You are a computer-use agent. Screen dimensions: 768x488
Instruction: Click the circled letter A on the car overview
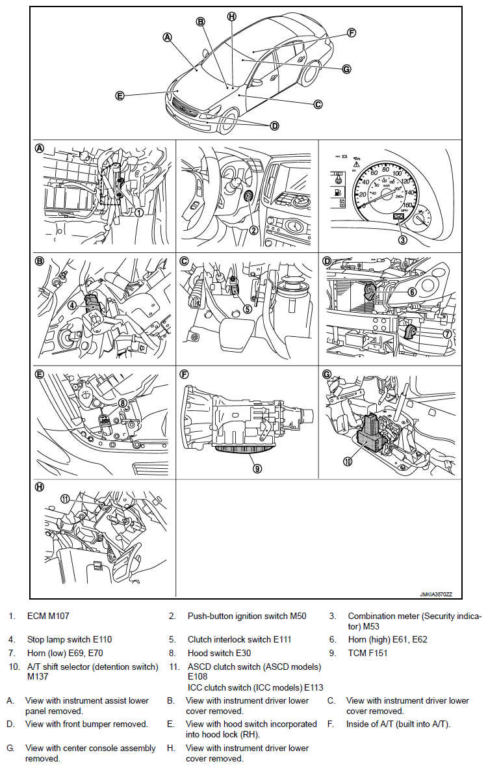pyautogui.click(x=167, y=38)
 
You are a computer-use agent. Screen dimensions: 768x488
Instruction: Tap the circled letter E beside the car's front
pyautogui.click(x=120, y=96)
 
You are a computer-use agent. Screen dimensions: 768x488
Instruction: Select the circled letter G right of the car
pyautogui.click(x=346, y=68)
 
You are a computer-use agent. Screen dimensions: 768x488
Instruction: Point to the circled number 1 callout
pyautogui.click(x=139, y=212)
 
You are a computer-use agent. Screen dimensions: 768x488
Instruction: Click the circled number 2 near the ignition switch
pyautogui.click(x=254, y=229)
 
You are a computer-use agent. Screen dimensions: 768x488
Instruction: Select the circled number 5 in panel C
pyautogui.click(x=247, y=309)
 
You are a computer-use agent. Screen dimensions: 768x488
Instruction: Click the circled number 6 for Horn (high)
pyautogui.click(x=412, y=293)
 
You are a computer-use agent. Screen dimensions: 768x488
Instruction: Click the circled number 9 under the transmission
pyautogui.click(x=258, y=467)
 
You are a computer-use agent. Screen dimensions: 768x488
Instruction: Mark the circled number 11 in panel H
pyautogui.click(x=64, y=499)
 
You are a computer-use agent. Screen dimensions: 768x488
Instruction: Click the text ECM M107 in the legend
pyautogui.click(x=48, y=615)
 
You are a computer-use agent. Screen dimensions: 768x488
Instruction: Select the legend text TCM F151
pyautogui.click(x=368, y=653)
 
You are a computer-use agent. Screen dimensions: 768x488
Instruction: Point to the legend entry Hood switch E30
pyautogui.click(x=219, y=653)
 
